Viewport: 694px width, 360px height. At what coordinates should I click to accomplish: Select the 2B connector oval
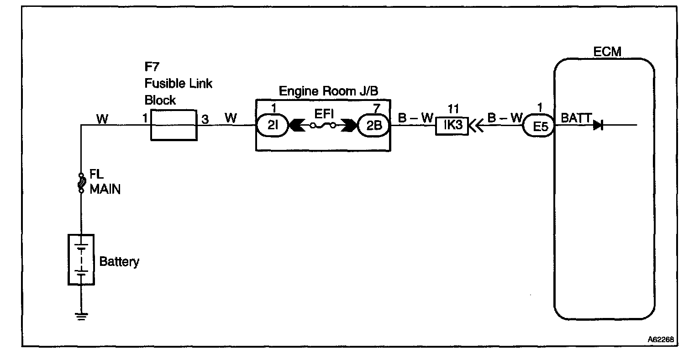(x=373, y=125)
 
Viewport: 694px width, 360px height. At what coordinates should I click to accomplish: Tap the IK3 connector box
(x=452, y=125)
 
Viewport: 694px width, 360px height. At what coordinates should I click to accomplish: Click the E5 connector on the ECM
(x=540, y=126)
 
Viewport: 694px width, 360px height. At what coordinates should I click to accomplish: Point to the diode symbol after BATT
(x=598, y=125)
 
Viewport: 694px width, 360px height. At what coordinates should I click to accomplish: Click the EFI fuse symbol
(x=323, y=125)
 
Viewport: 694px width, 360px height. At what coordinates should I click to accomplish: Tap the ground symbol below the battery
(x=81, y=316)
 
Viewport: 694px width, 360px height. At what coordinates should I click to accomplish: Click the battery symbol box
(x=81, y=259)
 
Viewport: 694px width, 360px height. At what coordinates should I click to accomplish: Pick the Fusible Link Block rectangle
(x=174, y=125)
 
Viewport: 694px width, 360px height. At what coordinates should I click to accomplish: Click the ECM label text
(x=607, y=51)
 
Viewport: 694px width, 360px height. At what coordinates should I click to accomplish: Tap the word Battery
(x=119, y=262)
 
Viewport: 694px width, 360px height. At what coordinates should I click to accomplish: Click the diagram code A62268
(x=661, y=340)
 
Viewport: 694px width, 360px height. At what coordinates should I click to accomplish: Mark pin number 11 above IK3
(x=452, y=110)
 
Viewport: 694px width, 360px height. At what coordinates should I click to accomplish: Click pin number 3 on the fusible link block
(x=205, y=119)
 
